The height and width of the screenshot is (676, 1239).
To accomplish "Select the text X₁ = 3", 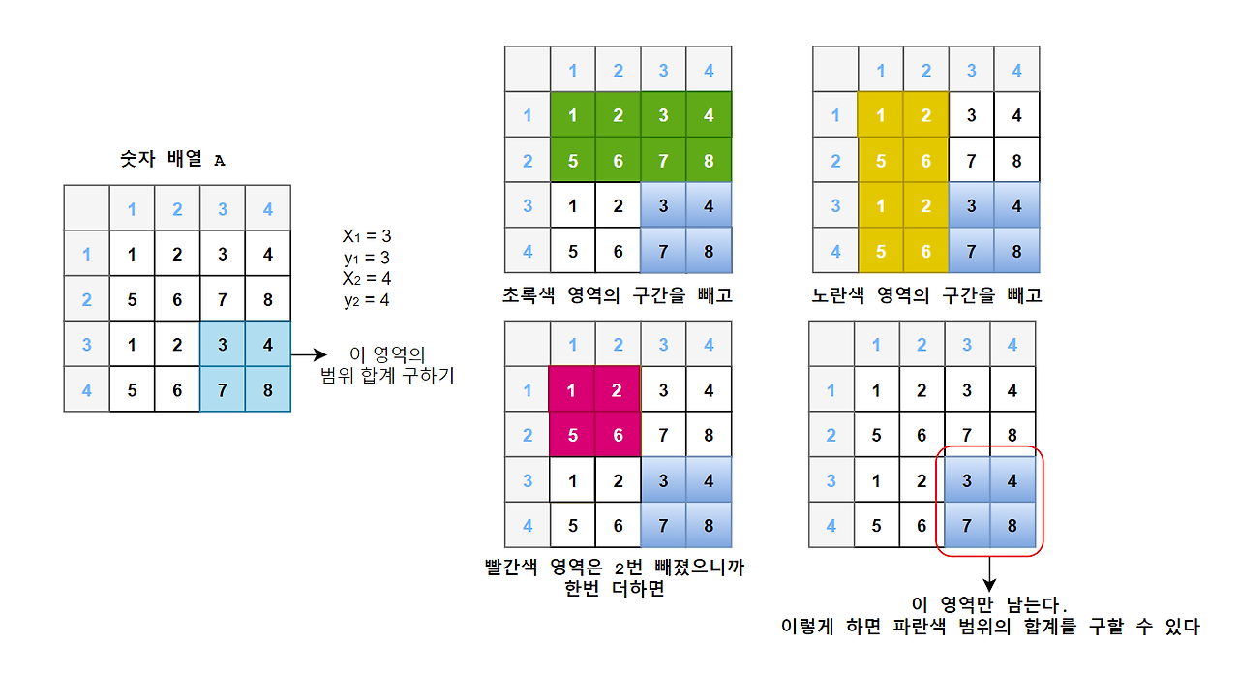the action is (367, 235).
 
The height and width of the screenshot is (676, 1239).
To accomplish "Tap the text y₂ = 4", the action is (367, 300).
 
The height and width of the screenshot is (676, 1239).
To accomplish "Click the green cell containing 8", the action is (709, 161).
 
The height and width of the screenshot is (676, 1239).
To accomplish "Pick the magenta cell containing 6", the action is (619, 435).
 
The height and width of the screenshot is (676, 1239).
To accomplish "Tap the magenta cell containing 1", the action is (573, 390).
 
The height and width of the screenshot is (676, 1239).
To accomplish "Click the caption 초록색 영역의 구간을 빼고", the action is (618, 294).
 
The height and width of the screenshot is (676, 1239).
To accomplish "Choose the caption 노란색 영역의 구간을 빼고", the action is (927, 294).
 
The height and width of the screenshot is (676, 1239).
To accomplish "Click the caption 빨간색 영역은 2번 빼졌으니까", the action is (615, 567).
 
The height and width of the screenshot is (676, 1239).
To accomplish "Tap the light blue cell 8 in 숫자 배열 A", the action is (268, 389).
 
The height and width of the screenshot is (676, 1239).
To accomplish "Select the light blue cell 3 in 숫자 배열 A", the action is (223, 345).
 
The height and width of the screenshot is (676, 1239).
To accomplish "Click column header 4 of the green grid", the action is (709, 70).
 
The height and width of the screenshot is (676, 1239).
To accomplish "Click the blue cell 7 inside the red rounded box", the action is (967, 526).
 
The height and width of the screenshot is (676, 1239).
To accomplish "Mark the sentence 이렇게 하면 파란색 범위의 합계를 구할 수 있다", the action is (989, 628).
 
